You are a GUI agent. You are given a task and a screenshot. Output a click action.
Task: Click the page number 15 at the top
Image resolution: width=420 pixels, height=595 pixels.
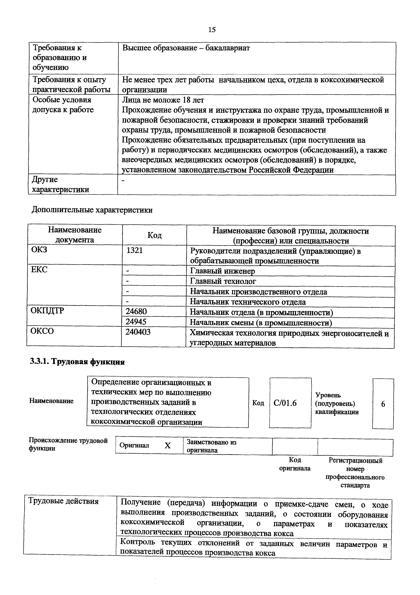point(211,30)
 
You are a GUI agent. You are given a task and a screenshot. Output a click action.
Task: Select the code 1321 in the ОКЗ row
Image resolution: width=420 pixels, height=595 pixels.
point(134,251)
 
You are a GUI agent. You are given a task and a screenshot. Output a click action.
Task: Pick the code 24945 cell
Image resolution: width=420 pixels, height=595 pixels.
point(136,322)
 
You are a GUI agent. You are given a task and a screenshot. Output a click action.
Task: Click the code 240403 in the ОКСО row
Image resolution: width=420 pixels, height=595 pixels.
point(138,332)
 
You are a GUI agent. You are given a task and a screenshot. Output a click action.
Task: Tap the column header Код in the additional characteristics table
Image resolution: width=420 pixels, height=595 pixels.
point(155,235)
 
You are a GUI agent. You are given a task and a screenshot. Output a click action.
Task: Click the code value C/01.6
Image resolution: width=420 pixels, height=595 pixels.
point(285,403)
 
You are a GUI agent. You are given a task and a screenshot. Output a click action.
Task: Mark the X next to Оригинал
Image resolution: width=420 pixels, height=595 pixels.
point(168,445)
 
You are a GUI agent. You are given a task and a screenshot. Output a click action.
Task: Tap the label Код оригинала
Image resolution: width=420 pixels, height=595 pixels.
point(295,464)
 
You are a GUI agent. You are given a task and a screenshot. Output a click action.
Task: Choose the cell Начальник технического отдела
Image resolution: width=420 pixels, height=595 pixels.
point(248,302)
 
